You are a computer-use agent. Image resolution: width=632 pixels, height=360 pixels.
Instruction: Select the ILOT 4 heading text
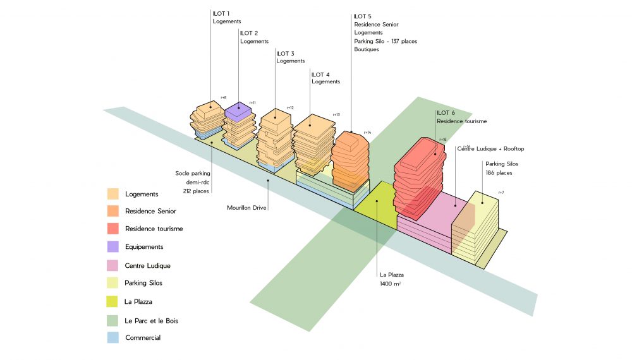(320, 75)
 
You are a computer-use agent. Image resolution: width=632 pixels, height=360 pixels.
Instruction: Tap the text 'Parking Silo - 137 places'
(386, 41)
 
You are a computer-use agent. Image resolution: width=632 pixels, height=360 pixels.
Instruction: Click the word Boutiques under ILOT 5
(367, 49)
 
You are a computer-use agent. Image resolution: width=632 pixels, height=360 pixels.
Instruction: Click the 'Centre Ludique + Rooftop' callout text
(490, 149)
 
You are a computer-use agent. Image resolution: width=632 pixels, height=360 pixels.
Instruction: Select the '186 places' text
(499, 172)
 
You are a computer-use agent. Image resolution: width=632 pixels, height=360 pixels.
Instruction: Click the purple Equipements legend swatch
(113, 247)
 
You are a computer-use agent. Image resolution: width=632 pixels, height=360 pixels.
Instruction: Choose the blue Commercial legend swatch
(113, 338)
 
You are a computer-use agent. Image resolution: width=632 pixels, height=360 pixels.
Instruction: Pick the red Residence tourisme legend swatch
(113, 229)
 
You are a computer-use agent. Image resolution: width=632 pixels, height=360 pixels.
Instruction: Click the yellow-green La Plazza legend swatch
(113, 301)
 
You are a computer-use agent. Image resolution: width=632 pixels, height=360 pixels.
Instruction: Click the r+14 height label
(367, 133)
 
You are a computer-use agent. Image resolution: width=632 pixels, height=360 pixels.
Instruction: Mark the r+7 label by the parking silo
(501, 192)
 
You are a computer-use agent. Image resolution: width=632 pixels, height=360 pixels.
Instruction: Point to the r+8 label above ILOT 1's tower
(223, 97)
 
